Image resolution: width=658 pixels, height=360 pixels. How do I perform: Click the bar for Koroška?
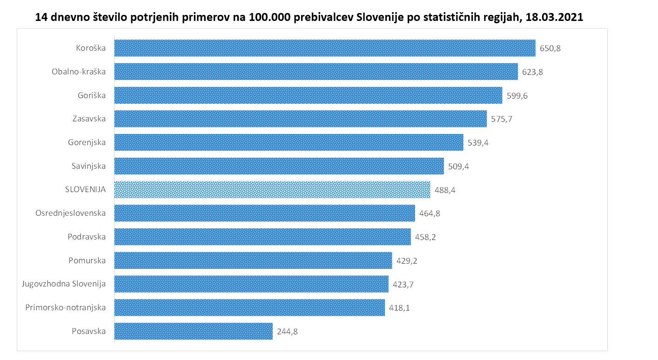point(325,48)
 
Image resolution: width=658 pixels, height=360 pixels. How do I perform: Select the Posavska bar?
point(193,331)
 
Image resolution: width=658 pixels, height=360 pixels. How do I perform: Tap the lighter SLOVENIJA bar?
point(272,190)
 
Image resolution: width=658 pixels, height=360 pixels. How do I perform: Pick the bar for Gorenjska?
point(289,142)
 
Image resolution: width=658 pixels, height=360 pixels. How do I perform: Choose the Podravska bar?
point(262,237)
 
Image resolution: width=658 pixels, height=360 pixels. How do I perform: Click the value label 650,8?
point(550,48)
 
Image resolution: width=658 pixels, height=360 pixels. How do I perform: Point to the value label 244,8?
point(287,332)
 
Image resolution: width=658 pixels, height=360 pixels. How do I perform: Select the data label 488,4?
point(445,190)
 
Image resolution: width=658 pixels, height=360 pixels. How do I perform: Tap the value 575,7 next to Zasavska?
point(502,119)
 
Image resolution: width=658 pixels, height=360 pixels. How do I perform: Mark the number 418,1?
point(399,308)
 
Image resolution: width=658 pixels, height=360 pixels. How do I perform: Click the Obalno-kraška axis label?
point(79,72)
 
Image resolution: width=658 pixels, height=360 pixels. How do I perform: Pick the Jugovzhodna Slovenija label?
point(64,284)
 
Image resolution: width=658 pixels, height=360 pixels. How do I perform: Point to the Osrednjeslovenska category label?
point(70,213)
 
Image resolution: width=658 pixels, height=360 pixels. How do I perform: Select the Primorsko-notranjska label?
point(65,307)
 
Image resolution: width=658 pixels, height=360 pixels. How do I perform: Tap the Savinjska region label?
point(88,166)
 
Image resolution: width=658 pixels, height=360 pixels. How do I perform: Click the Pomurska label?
point(87,260)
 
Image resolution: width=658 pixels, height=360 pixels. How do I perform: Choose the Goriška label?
point(92,95)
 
